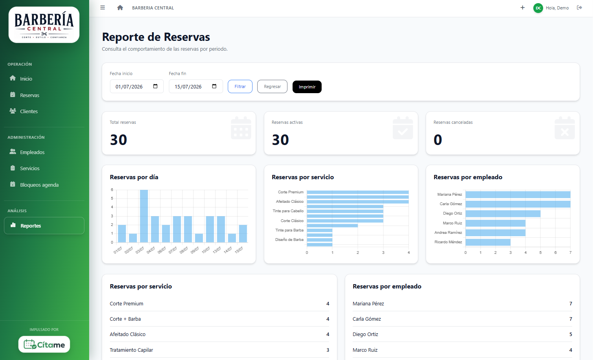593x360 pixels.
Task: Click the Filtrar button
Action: coord(240,86)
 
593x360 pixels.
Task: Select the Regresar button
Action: coord(272,86)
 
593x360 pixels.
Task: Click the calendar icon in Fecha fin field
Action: coord(214,86)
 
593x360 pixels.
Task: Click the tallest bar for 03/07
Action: coord(144,216)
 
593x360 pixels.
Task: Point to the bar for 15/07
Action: coord(243,233)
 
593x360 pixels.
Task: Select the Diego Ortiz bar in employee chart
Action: coord(503,213)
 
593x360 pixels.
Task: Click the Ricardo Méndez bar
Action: coord(488,242)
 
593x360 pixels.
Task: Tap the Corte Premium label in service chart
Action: coord(290,192)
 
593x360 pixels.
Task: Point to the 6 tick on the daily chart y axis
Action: coord(112,190)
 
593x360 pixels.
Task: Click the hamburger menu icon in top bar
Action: coord(102,8)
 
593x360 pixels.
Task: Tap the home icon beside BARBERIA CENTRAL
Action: coord(120,8)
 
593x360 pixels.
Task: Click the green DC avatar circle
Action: coord(538,8)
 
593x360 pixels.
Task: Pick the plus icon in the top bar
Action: coord(522,8)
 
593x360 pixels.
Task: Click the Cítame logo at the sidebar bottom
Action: coord(44,344)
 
